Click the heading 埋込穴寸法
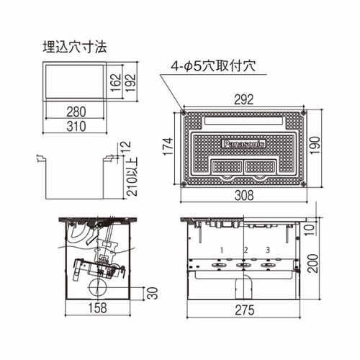(x=75, y=47)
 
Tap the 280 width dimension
(x=76, y=112)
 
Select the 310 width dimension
(x=76, y=126)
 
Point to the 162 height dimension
(x=116, y=83)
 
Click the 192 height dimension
(x=131, y=83)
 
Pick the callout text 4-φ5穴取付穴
(x=213, y=66)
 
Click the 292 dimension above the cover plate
(x=243, y=99)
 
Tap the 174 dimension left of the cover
(x=168, y=147)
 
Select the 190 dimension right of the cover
(x=315, y=145)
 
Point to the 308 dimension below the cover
(x=244, y=195)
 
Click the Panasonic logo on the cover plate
(x=243, y=144)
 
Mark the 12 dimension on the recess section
(x=126, y=147)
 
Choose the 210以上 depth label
(x=132, y=177)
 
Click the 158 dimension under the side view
(x=97, y=308)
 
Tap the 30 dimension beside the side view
(x=153, y=293)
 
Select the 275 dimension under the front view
(x=245, y=310)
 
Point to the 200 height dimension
(x=312, y=264)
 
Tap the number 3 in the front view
(x=268, y=250)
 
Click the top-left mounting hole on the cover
(x=184, y=112)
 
